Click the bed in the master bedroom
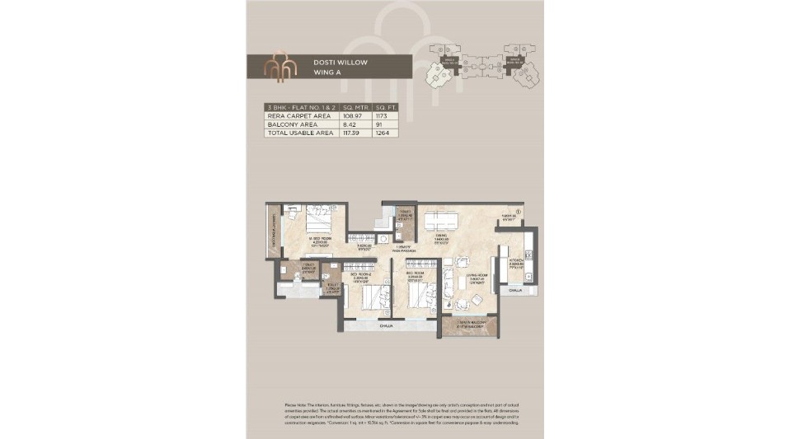click(317, 220)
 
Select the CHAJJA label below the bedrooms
click(385, 326)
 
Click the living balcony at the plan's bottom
click(468, 325)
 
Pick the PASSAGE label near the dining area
click(402, 249)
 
